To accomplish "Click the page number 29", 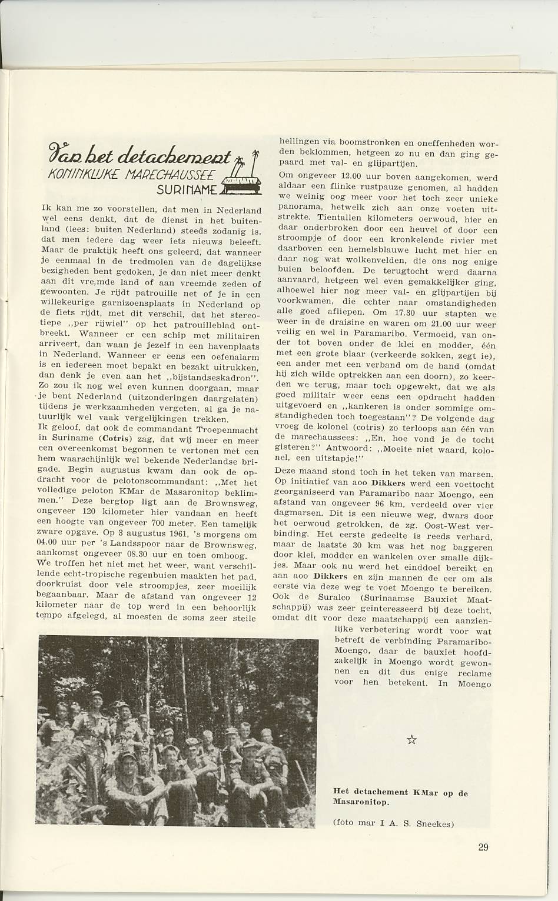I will coord(483,847).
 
